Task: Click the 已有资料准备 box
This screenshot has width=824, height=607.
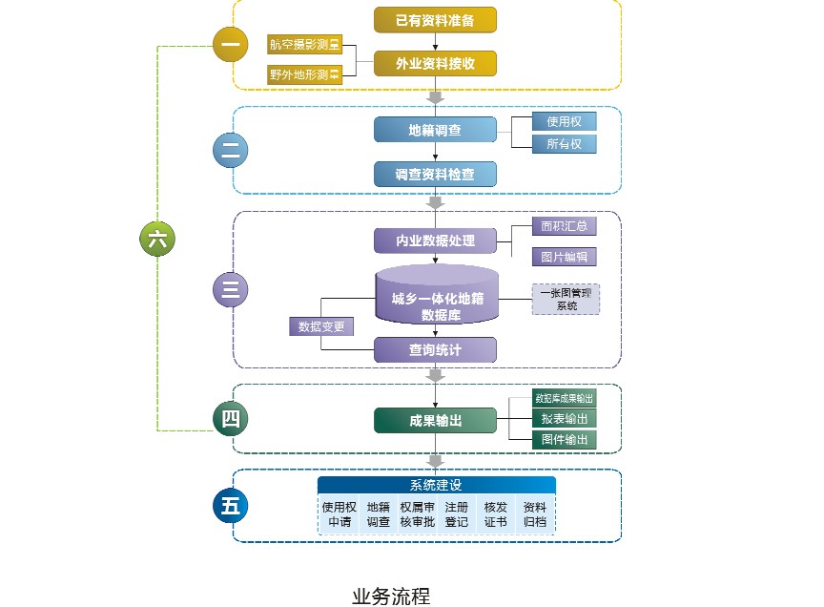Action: coord(435,19)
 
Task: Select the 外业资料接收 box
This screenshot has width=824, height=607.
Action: coord(435,63)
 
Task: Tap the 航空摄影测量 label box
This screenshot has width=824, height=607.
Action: coord(304,45)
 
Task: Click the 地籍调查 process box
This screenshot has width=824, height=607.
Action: coord(435,130)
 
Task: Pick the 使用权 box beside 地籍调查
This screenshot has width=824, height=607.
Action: coord(564,121)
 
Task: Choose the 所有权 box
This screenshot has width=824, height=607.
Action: coord(564,144)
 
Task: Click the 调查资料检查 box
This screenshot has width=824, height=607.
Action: coord(435,175)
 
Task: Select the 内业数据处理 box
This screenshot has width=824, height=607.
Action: coord(435,241)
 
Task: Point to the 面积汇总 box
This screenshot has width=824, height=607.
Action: coord(564,226)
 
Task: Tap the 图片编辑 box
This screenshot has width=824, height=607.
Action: coord(564,257)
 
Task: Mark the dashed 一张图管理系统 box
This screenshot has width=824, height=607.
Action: coord(566,299)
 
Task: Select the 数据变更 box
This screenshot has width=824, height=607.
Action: coord(321,326)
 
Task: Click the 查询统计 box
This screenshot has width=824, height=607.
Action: coord(435,350)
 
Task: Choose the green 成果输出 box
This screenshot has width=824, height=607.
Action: coord(435,420)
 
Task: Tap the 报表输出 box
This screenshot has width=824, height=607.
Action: coord(564,419)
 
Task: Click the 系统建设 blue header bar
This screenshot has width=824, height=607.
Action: coord(436,485)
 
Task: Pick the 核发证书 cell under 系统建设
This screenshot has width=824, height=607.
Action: coord(495,514)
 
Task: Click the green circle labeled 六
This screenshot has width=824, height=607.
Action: coord(157,240)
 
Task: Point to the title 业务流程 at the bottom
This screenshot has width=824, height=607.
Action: coord(391,597)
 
